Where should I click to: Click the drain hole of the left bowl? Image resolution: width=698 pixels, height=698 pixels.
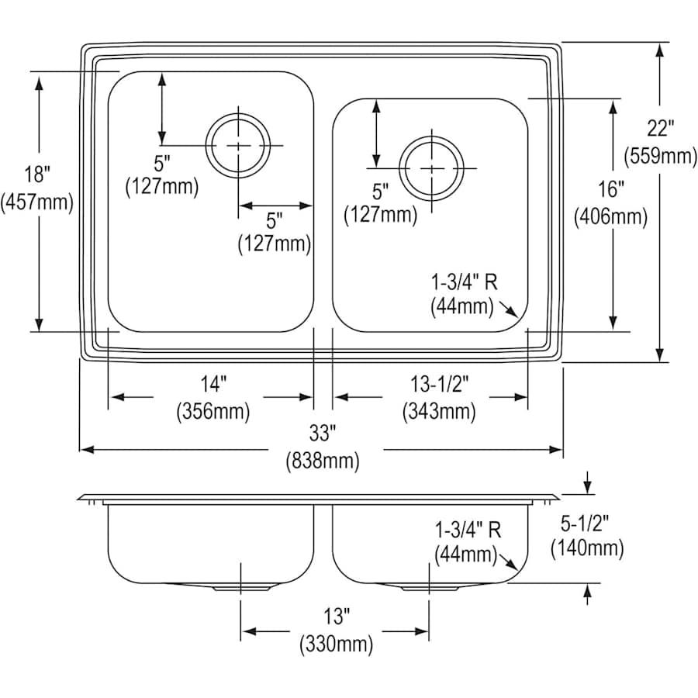tap(238, 145)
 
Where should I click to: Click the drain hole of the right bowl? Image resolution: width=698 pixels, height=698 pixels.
tap(430, 168)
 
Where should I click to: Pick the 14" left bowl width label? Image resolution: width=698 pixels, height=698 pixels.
tap(213, 383)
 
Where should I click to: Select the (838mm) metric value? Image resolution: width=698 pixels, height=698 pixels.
tap(323, 461)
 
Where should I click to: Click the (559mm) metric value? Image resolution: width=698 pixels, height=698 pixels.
tap(660, 156)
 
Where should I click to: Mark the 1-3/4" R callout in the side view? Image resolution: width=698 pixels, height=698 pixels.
tap(467, 530)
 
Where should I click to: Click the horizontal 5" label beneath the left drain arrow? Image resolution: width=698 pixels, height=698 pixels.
tap(275, 220)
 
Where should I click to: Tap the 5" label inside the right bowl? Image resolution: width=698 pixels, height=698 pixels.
tap(380, 189)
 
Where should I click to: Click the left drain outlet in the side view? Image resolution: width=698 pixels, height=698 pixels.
tap(241, 586)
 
